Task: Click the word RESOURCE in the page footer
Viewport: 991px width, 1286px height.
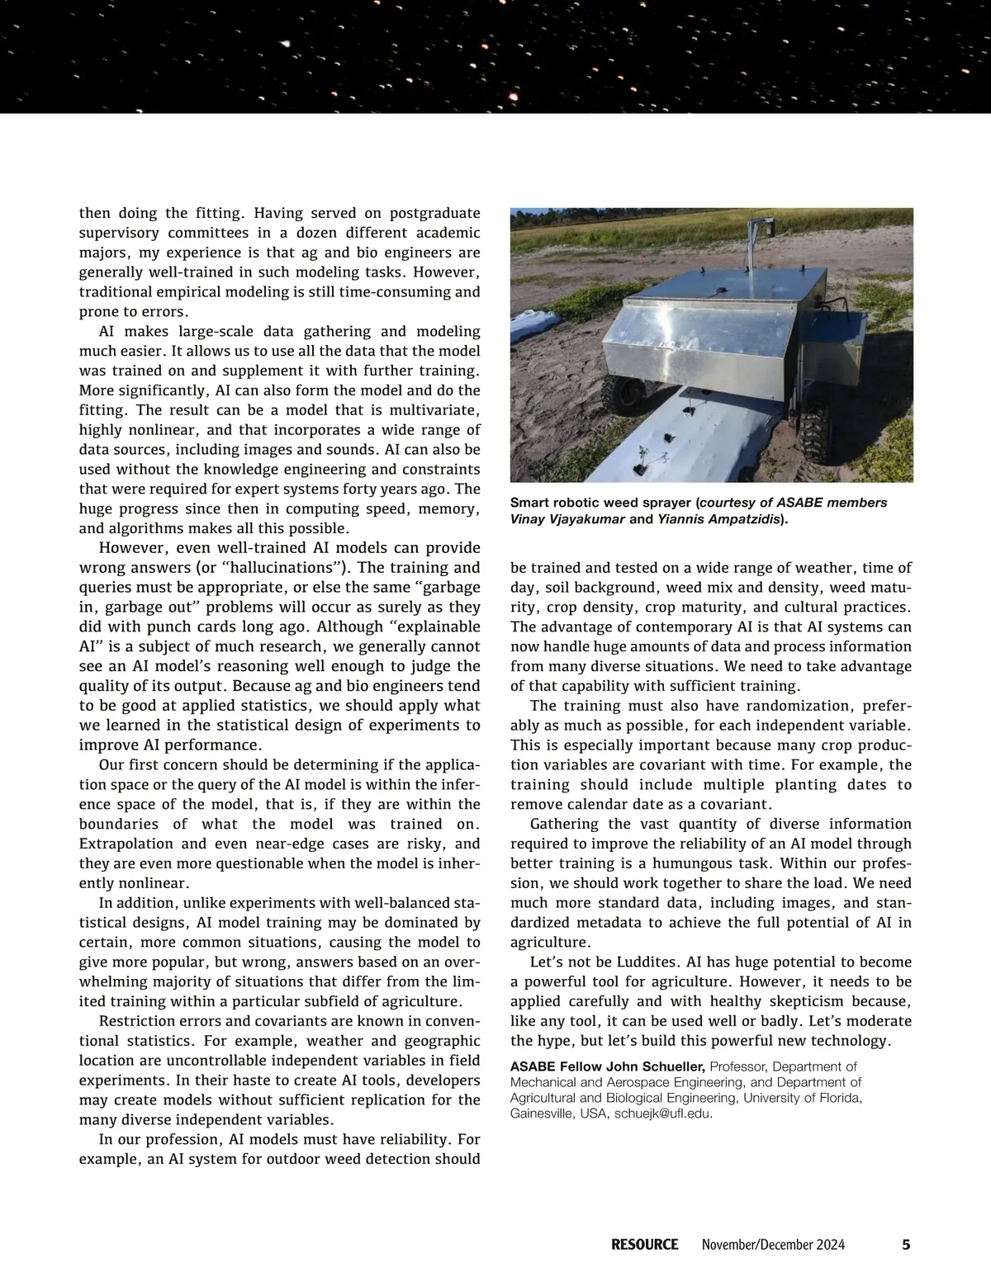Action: point(644,1244)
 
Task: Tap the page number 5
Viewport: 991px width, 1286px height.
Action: point(906,1244)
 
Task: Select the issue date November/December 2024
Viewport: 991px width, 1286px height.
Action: point(773,1244)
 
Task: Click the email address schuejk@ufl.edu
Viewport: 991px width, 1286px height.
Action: point(663,1113)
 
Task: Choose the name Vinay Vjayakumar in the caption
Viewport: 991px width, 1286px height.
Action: point(567,519)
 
